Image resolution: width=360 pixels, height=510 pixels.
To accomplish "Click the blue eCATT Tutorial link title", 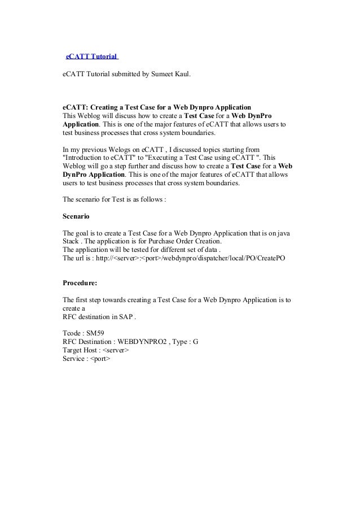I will (x=91, y=57).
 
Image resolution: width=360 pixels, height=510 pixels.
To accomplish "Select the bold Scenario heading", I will (x=76, y=216).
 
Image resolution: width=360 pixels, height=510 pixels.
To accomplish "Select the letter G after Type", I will (x=195, y=342).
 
